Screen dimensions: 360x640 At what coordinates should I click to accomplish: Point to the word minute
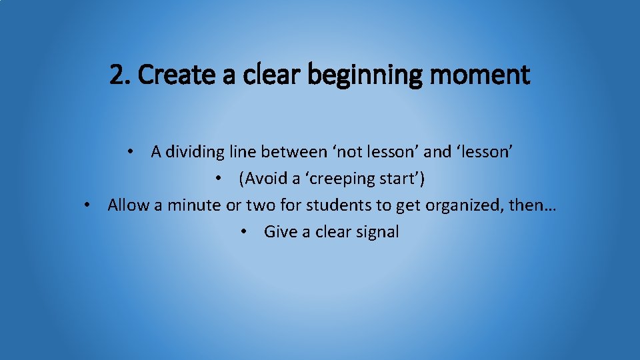point(194,205)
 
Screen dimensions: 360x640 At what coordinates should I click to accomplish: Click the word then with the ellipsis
point(532,205)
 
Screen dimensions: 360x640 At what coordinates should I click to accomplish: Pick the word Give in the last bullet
point(279,232)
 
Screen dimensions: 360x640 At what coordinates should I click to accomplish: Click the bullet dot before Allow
point(87,205)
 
